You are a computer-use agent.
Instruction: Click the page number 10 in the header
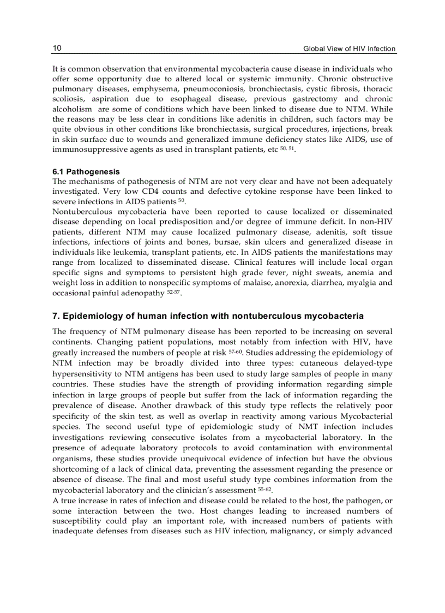57,48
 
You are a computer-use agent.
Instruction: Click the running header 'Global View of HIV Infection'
349,49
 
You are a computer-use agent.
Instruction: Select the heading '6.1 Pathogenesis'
86,171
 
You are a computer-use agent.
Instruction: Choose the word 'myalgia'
360,283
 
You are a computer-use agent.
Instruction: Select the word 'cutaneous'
322,363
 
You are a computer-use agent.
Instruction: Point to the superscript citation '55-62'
264,489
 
